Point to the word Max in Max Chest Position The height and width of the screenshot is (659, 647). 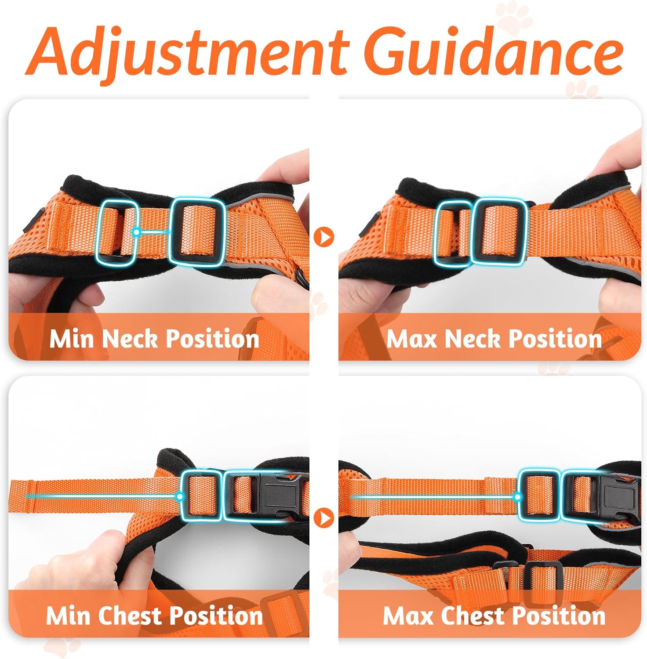(409, 615)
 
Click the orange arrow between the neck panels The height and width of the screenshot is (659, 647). (324, 237)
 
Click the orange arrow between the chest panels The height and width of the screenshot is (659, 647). (324, 518)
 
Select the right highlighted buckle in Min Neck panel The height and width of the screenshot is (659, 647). (197, 232)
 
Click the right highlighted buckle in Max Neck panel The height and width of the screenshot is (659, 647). (499, 232)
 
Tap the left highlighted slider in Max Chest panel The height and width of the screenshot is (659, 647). (539, 496)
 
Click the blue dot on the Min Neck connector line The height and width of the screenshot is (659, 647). (137, 232)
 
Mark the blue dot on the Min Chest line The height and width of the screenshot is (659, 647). (179, 496)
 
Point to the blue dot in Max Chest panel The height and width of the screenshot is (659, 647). (517, 497)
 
